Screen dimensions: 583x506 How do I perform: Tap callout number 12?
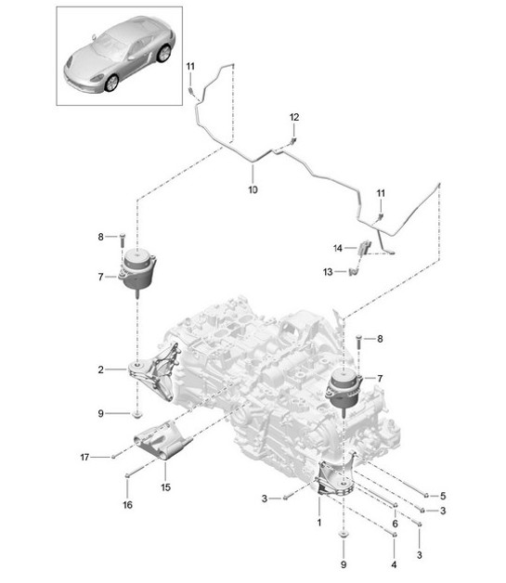tap(294, 117)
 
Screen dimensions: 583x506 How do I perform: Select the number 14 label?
tap(339, 248)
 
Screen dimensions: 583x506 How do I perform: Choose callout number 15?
tap(164, 486)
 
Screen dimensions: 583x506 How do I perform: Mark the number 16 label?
tap(128, 504)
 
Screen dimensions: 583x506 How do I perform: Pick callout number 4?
tap(394, 564)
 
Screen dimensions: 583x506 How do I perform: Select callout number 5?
tap(444, 495)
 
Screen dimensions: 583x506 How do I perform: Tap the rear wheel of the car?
tap(164, 53)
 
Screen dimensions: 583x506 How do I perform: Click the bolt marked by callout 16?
tap(128, 479)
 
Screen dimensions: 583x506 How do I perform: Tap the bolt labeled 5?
tap(423, 495)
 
